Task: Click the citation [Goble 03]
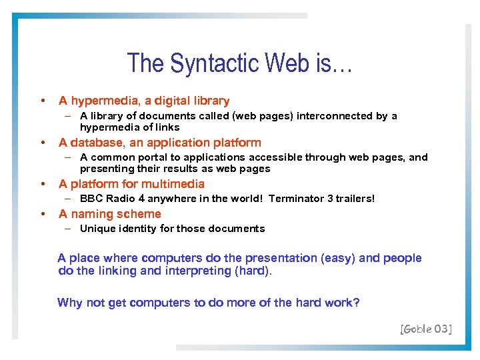[426, 328]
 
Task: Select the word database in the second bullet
[99, 143]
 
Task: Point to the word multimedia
[173, 184]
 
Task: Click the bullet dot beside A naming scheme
[43, 214]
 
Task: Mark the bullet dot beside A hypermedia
[43, 101]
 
